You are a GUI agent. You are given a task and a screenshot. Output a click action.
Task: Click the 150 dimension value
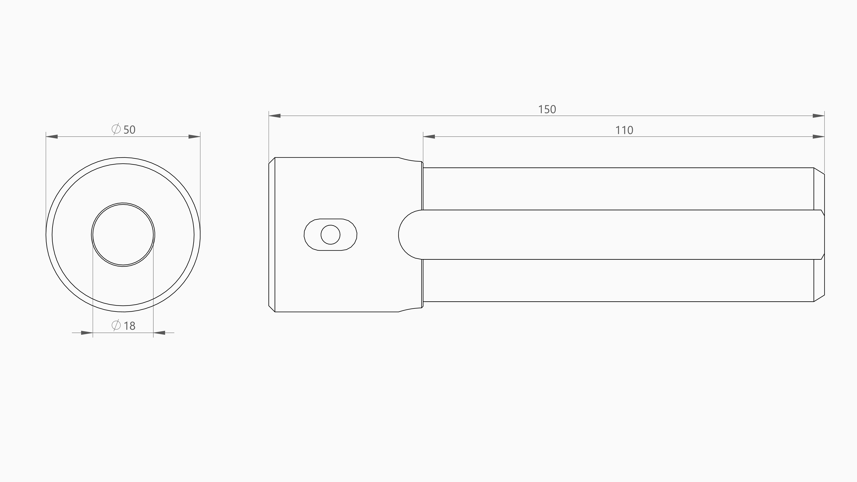click(547, 109)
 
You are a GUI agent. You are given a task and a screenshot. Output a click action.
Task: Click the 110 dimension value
click(624, 130)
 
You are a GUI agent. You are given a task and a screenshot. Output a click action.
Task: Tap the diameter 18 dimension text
click(124, 325)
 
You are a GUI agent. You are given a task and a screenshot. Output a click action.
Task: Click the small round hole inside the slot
click(330, 235)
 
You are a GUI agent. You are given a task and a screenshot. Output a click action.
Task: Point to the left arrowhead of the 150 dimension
click(274, 116)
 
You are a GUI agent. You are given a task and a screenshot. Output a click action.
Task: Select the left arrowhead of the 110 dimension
click(429, 137)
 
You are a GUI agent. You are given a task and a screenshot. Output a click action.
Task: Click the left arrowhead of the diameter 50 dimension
click(52, 137)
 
